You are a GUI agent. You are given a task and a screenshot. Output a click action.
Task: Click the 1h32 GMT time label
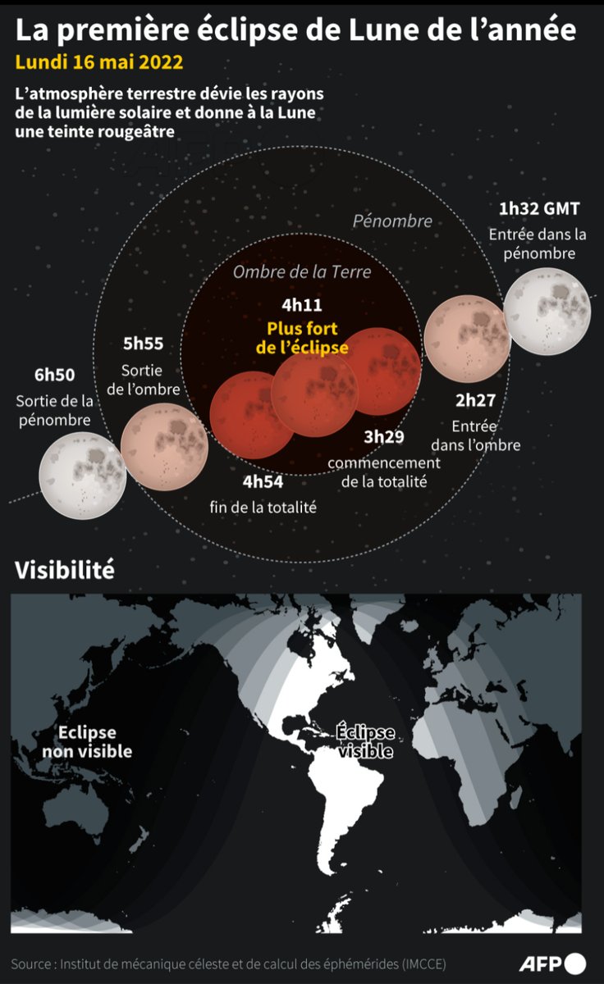click(539, 208)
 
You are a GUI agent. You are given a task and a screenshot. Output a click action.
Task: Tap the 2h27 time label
click(476, 401)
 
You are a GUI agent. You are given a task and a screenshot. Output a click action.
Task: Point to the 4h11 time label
click(301, 306)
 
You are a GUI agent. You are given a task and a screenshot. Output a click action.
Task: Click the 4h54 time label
click(263, 482)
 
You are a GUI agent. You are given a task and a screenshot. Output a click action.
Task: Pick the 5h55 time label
click(143, 344)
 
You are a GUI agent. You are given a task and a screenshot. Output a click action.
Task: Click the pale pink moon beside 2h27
click(466, 337)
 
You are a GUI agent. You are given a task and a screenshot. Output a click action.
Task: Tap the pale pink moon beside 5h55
click(163, 446)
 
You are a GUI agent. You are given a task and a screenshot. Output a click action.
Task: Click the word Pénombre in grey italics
click(392, 221)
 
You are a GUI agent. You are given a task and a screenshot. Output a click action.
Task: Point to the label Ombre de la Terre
click(302, 272)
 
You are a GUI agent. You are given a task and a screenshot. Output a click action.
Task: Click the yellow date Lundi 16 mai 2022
click(99, 63)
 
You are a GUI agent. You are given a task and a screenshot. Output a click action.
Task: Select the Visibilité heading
click(64, 570)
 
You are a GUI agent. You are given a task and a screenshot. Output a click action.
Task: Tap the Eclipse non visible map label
click(87, 741)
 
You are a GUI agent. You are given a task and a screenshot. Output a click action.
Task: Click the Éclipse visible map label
click(365, 741)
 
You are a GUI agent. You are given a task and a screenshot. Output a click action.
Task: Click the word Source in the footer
click(31, 963)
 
